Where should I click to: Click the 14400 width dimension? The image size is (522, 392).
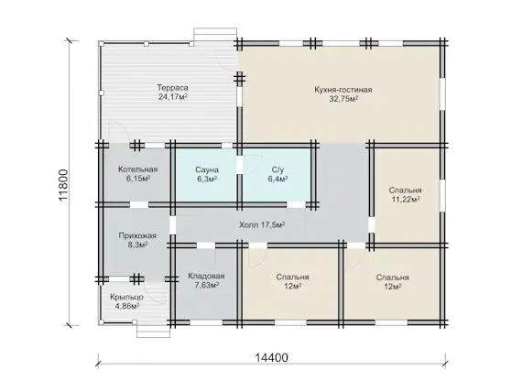tap(271, 357)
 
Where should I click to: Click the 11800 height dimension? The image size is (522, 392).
tap(63, 185)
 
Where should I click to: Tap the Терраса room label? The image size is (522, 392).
tap(172, 88)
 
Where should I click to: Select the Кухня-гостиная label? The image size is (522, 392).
tap(343, 90)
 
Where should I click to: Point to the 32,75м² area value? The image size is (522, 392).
tap(343, 99)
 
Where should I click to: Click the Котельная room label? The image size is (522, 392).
tap(137, 169)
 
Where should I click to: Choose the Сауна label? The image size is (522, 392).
tap(207, 169)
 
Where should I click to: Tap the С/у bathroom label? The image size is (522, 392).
tap(277, 169)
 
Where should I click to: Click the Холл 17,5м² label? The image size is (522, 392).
tap(262, 225)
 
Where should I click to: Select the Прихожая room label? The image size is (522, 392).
tap(137, 235)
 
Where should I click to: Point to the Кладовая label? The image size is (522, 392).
tap(206, 276)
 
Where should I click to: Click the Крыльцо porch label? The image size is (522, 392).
tap(127, 297)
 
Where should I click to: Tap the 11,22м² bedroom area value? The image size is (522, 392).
tap(405, 200)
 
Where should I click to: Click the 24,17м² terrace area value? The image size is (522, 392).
tap(172, 97)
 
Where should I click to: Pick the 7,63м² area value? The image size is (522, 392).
tap(206, 286)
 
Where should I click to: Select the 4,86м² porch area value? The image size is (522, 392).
tap(127, 306)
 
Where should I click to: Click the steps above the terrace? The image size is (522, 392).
tap(215, 34)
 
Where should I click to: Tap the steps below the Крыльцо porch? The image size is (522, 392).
tap(154, 331)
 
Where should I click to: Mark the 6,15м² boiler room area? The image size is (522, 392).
tap(137, 179)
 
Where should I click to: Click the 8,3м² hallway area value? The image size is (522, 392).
tap(137, 245)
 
